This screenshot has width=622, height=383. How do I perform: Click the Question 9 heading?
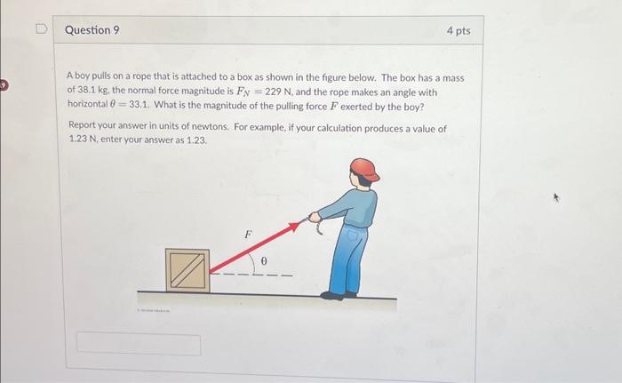tap(92, 30)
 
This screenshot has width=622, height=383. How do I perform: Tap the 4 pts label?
tap(458, 31)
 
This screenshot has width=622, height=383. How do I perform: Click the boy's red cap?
tap(363, 169)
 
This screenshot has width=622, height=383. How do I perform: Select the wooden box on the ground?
tap(187, 270)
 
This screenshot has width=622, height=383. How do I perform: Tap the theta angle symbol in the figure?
tap(263, 261)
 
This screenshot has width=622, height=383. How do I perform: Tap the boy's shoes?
tap(336, 293)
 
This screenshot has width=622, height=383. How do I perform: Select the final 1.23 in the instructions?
tap(195, 140)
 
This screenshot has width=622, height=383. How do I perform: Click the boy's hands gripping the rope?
tap(315, 216)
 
